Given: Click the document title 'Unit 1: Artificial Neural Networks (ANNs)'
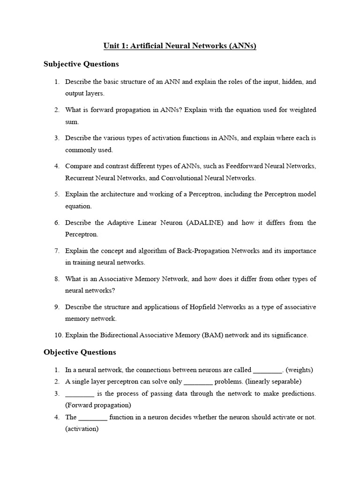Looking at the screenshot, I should [x=180, y=46].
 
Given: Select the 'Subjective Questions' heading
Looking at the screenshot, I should [x=81, y=64].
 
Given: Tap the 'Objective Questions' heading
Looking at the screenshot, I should [x=80, y=352].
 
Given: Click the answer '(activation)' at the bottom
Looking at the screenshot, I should [x=82, y=428].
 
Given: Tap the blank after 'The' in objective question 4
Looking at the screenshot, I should [x=93, y=417].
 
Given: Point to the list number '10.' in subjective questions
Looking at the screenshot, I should [x=58, y=335].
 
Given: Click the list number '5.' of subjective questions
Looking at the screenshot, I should [x=57, y=194].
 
